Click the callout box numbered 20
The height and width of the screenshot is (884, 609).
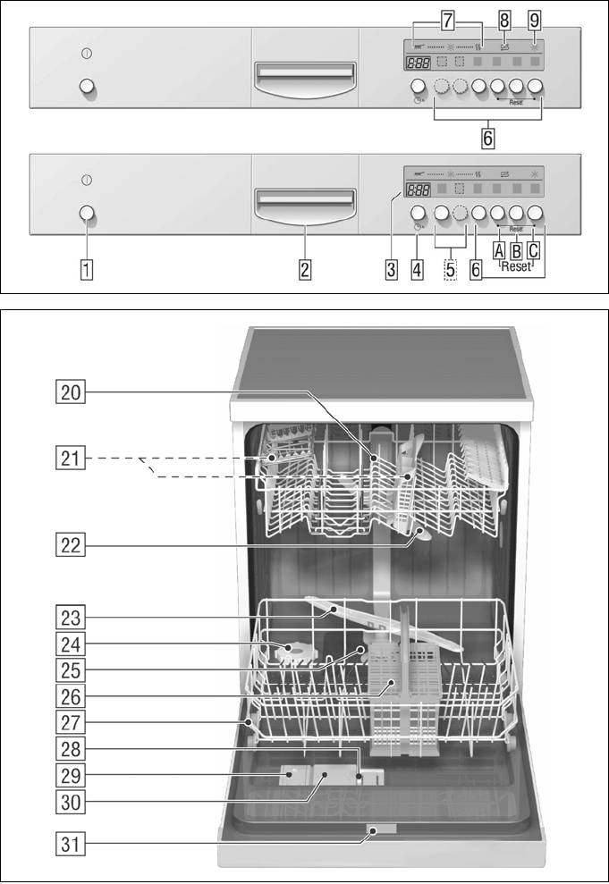(x=71, y=391)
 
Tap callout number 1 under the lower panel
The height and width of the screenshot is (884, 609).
(x=86, y=268)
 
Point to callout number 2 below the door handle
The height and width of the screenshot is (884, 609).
(x=305, y=268)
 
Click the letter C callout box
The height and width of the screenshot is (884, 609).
(x=534, y=253)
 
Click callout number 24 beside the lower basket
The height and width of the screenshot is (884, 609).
(x=71, y=643)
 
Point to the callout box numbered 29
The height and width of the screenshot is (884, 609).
(x=71, y=773)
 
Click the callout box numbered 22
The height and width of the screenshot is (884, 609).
(x=71, y=544)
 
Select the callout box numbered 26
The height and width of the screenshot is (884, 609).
(x=71, y=691)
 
